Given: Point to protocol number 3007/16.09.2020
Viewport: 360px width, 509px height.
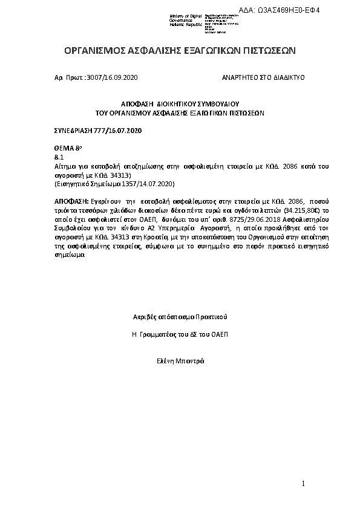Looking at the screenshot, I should [113, 79].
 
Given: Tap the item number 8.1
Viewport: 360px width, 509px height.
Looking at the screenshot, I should [59, 157].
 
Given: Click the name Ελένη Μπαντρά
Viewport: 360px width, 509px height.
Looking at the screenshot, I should [180, 361].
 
